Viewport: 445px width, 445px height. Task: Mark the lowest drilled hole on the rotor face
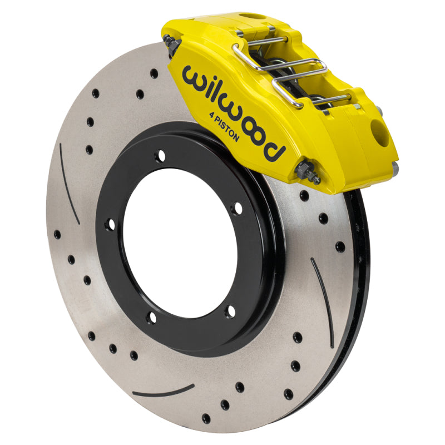206,418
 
